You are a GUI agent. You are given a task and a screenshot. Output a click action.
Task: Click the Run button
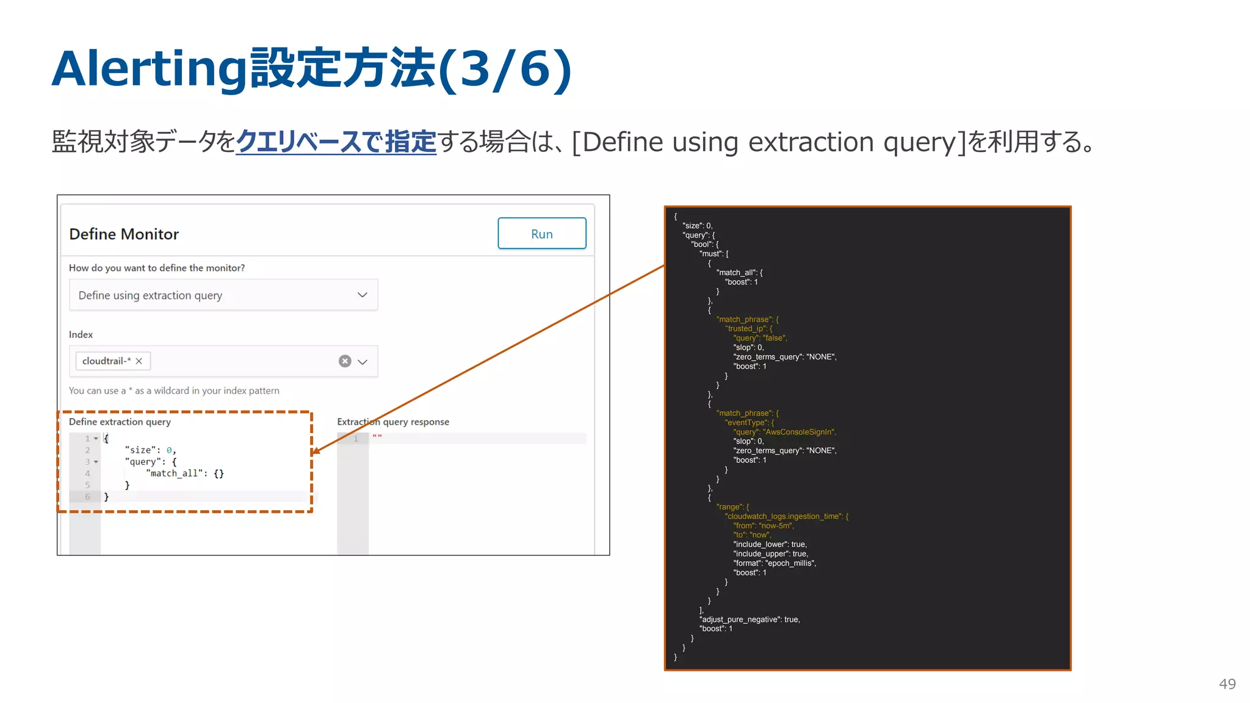pos(541,234)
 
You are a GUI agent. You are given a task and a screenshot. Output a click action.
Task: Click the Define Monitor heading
pos(124,234)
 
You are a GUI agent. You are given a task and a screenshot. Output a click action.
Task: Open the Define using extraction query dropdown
pos(223,295)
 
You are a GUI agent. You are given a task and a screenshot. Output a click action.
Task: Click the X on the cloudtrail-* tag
pos(139,361)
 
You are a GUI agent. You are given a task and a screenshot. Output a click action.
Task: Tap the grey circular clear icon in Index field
pos(345,361)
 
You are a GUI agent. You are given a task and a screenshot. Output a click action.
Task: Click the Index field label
pos(81,334)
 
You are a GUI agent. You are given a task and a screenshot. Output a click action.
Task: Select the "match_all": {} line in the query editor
pos(185,474)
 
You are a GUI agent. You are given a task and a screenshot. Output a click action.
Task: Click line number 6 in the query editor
pos(87,497)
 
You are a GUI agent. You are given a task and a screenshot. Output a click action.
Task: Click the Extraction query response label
pos(392,422)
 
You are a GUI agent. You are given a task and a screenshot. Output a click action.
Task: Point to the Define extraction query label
pos(120,422)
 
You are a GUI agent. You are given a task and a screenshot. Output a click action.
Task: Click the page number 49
pos(1227,684)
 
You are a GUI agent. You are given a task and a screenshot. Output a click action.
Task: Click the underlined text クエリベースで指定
pos(336,142)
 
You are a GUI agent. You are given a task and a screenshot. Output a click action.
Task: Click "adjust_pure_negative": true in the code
pos(750,619)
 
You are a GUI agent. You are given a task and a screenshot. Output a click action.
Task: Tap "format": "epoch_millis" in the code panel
pos(775,563)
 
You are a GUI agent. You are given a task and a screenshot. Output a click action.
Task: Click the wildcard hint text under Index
pos(174,391)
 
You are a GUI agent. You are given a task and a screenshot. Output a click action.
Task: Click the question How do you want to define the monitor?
pos(157,268)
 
